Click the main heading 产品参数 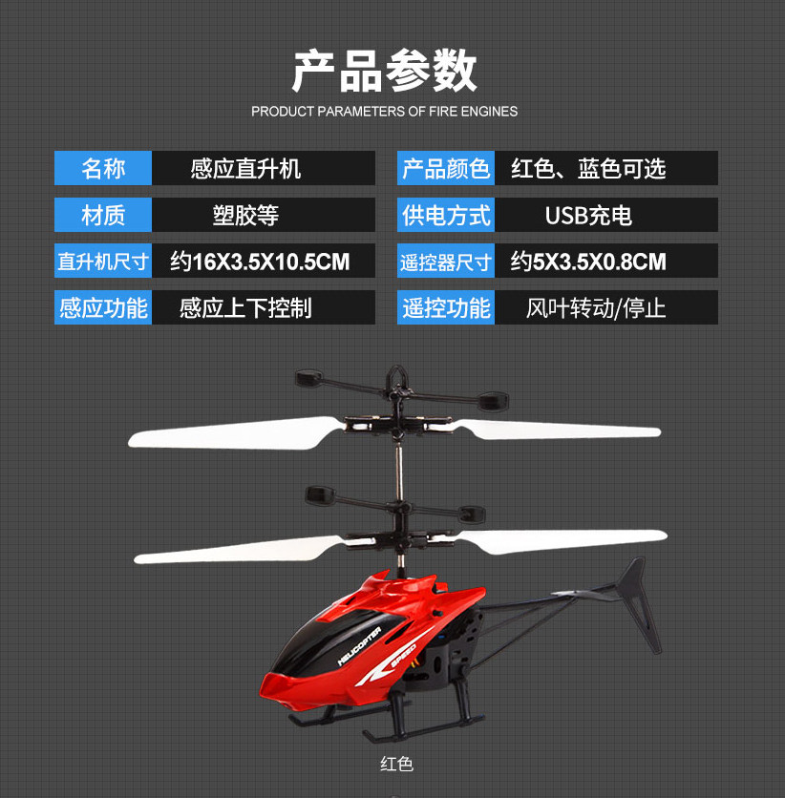click(x=384, y=71)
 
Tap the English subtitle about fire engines click(x=384, y=112)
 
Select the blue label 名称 click(x=103, y=169)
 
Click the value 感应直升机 click(x=245, y=169)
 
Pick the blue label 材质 click(x=103, y=215)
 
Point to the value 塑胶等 click(x=245, y=215)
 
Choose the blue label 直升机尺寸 click(x=103, y=261)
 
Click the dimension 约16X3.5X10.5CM click(x=260, y=261)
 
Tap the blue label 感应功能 click(x=103, y=307)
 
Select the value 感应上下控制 click(x=245, y=307)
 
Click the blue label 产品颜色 click(x=446, y=169)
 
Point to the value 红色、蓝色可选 click(x=588, y=169)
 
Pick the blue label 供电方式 click(x=446, y=215)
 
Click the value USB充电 click(x=588, y=215)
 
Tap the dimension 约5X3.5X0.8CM click(x=588, y=261)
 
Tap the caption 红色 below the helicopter click(x=396, y=765)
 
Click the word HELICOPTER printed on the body click(x=359, y=645)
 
